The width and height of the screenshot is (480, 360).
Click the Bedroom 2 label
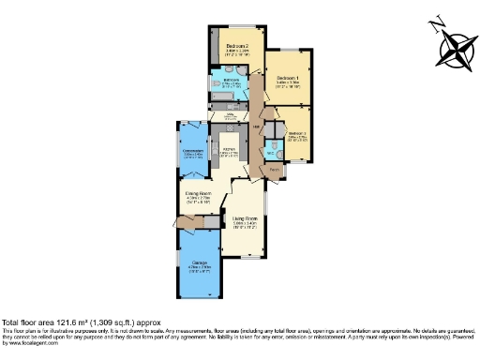237,46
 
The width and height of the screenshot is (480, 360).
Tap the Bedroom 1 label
286,78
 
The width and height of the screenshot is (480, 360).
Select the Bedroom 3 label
297,133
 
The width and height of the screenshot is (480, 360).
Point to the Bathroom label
231,81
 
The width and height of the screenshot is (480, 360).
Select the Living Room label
245,220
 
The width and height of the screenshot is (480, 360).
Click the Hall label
254,126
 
